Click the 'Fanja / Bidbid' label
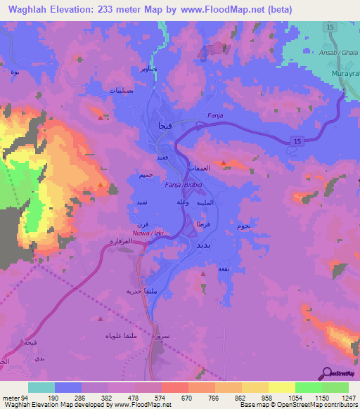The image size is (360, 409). coord(184,184)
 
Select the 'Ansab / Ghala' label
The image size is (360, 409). coord(339,53)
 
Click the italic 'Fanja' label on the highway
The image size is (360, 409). coord(215,116)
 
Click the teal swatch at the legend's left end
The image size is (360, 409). coord(41,387)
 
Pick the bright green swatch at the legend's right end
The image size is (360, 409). coord(335,387)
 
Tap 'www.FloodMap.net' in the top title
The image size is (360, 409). coord(228,9)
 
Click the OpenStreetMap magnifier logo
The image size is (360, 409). coord(328,373)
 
